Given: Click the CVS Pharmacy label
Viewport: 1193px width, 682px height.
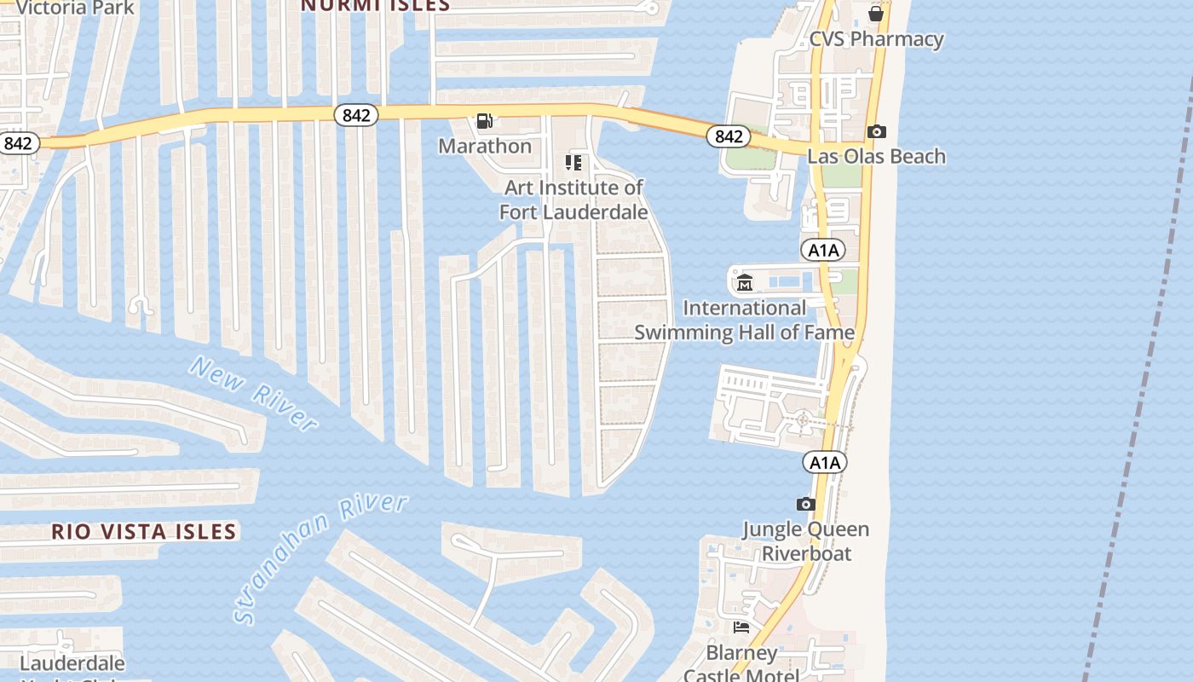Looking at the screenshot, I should pyautogui.click(x=876, y=39).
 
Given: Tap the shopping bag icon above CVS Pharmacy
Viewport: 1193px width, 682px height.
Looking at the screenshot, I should pyautogui.click(x=876, y=13).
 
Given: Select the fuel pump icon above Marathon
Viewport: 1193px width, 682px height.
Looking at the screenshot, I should pyautogui.click(x=484, y=121).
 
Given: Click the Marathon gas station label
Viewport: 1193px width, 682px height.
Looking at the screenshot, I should pyautogui.click(x=485, y=146).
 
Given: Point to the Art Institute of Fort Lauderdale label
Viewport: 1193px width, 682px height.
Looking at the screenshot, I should pyautogui.click(x=573, y=199).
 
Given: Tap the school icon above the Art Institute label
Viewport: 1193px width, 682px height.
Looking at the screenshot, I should pyautogui.click(x=573, y=162).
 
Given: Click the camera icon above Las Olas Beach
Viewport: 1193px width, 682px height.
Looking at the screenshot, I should pyautogui.click(x=876, y=131).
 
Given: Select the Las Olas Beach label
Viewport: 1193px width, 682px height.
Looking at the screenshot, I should pyautogui.click(x=876, y=156).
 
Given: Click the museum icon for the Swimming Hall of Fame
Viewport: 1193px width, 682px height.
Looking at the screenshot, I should pyautogui.click(x=745, y=282).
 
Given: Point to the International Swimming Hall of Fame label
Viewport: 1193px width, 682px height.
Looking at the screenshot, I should pyautogui.click(x=745, y=320).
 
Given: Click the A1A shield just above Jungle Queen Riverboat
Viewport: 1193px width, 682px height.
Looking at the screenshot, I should pyautogui.click(x=824, y=463).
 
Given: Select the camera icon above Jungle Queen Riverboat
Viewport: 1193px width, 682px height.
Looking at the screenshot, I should pyautogui.click(x=805, y=504).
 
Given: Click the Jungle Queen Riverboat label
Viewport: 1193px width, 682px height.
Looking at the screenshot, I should pyautogui.click(x=806, y=540).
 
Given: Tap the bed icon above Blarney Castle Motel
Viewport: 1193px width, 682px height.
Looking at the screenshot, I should pyautogui.click(x=741, y=627).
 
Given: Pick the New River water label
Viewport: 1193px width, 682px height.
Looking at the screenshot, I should pyautogui.click(x=254, y=393).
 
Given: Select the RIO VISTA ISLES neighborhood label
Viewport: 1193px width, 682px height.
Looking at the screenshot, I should pyautogui.click(x=143, y=532).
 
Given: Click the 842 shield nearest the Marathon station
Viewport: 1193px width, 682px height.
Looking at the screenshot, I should pyautogui.click(x=355, y=114).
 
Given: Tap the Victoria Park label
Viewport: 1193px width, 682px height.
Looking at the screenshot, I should pyautogui.click(x=75, y=8).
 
